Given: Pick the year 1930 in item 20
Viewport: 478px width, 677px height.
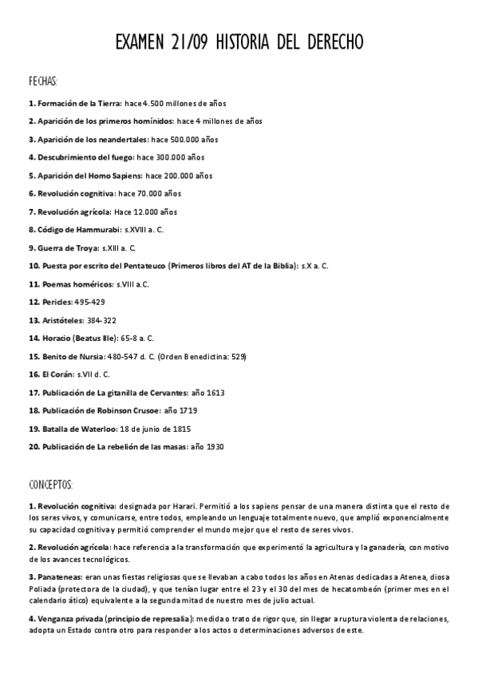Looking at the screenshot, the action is [214, 446].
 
